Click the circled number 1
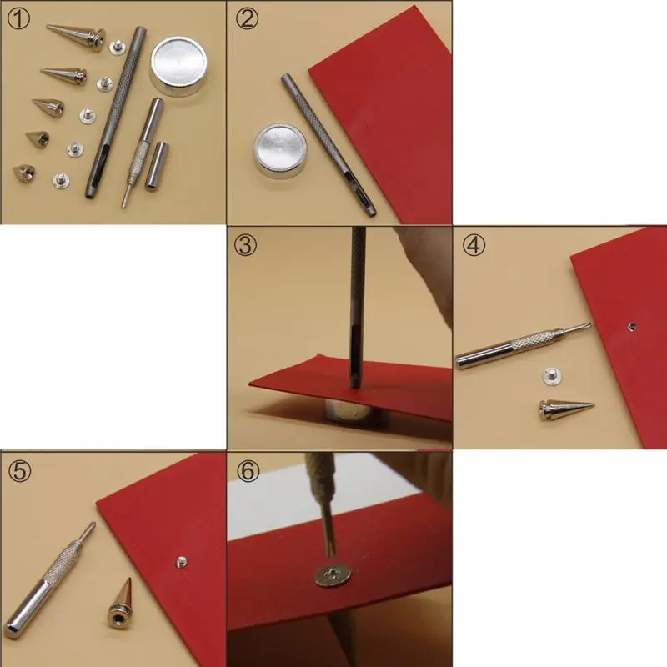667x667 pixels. [x=18, y=19]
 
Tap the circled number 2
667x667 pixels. [x=247, y=18]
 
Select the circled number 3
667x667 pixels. [x=245, y=244]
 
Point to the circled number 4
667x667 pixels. [x=474, y=244]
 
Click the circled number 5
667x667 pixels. [x=19, y=470]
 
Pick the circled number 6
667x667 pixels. [x=248, y=470]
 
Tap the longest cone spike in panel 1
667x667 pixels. [x=77, y=37]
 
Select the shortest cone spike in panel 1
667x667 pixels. [x=24, y=173]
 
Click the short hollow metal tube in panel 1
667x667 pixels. [x=157, y=165]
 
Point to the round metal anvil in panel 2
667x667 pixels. [x=280, y=151]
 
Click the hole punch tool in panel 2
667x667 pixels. [x=328, y=145]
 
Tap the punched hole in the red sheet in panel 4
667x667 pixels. [x=632, y=327]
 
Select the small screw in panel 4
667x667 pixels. [x=551, y=376]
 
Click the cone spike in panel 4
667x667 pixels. [x=565, y=409]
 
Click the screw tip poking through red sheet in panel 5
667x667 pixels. [x=181, y=562]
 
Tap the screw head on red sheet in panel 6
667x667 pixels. [x=333, y=575]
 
